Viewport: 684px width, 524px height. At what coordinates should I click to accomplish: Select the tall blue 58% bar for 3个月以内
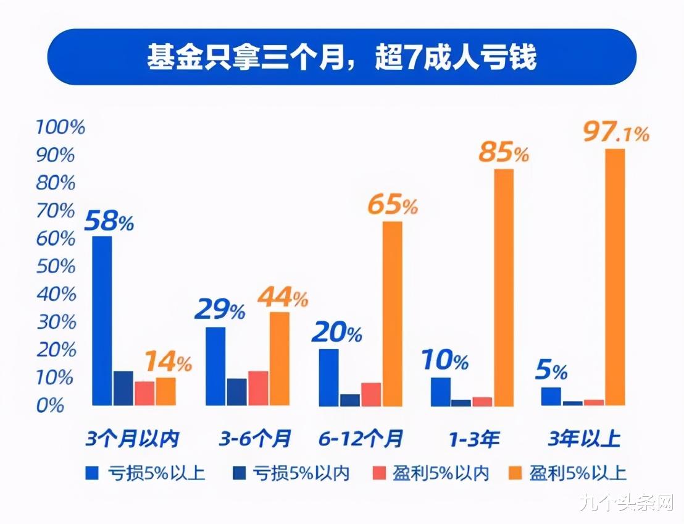(x=102, y=321)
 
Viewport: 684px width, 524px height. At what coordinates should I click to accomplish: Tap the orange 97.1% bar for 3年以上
(x=615, y=277)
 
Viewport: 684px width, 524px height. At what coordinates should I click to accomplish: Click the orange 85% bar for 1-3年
(x=504, y=287)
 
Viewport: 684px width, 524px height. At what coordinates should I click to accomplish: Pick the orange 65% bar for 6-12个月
(x=392, y=314)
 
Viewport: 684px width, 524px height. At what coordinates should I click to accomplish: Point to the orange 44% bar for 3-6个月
(x=280, y=359)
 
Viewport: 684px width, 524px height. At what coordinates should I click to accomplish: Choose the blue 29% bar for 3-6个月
(x=215, y=366)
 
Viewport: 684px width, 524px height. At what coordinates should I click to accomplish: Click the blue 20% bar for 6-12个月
(x=328, y=378)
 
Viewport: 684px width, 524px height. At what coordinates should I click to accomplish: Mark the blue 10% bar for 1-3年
(x=441, y=392)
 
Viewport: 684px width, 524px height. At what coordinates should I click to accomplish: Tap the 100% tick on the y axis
(x=60, y=127)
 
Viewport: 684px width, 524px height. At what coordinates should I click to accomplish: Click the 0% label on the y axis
(x=51, y=406)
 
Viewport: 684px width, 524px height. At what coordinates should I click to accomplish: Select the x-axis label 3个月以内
(x=132, y=439)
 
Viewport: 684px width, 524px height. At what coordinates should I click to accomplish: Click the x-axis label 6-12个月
(x=361, y=439)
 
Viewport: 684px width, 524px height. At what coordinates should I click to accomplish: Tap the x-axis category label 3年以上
(x=584, y=439)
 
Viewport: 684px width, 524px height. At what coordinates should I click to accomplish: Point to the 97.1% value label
(x=615, y=133)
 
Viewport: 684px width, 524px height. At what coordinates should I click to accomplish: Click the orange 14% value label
(x=168, y=361)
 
